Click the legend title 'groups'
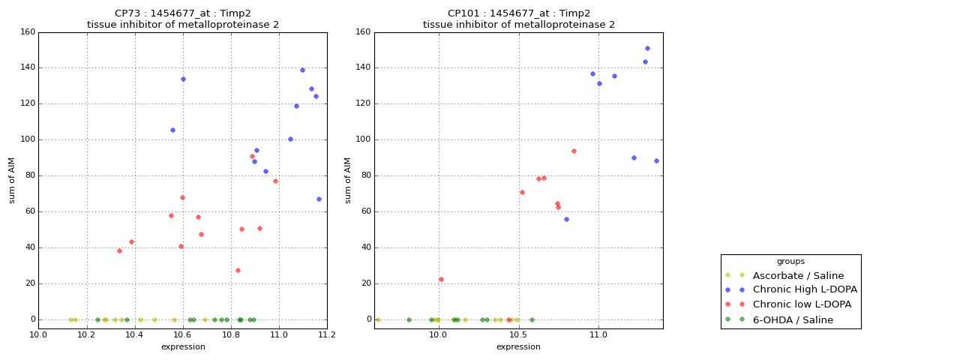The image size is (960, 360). click(x=790, y=261)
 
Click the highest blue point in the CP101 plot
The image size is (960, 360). click(x=647, y=48)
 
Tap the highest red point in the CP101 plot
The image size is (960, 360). click(x=574, y=151)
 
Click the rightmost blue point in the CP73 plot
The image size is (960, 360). click(x=319, y=199)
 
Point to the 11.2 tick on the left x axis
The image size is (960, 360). click(x=327, y=335)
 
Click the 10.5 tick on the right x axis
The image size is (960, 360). click(x=518, y=335)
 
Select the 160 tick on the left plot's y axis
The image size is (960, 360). click(x=27, y=32)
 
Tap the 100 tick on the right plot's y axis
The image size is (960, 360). click(x=363, y=139)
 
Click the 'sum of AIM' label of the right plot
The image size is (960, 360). click(x=348, y=180)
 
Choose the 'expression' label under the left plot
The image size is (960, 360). click(x=183, y=346)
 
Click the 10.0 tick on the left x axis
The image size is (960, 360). click(x=39, y=335)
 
